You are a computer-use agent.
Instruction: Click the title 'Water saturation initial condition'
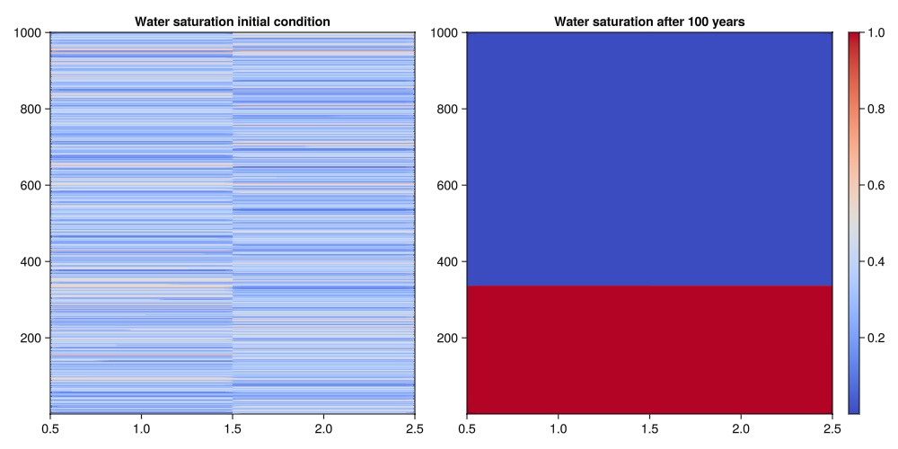coord(232,21)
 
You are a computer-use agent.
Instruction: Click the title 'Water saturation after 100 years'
coord(649,21)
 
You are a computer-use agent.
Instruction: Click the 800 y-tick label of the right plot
coord(446,110)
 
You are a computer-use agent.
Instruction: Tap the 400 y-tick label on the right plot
coord(446,262)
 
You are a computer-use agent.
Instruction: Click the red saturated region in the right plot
coord(649,350)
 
